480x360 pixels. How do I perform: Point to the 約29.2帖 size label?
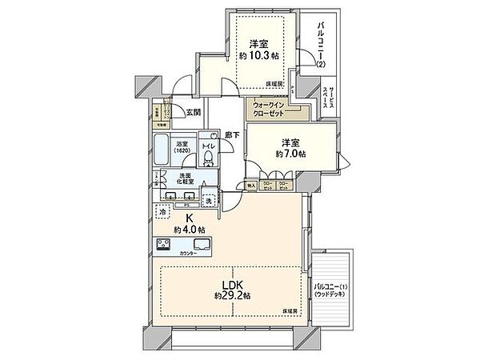(233, 295)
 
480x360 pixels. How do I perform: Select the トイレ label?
(208, 147)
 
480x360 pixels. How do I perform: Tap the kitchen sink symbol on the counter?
(198, 245)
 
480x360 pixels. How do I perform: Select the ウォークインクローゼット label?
(270, 109)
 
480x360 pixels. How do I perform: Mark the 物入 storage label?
(252, 185)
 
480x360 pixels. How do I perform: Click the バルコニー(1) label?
(329, 288)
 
